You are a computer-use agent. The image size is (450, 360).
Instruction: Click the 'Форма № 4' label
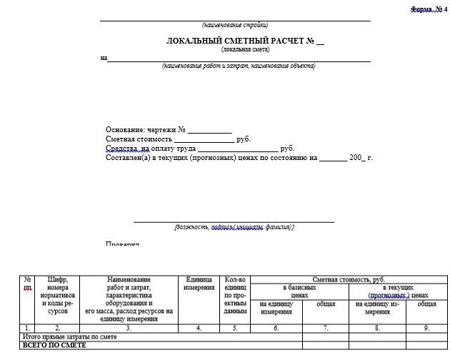pyautogui.click(x=429, y=9)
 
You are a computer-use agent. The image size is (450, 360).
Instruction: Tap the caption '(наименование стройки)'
pyautogui.click(x=235, y=25)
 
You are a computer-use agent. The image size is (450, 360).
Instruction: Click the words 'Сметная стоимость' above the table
pyautogui.click(x=139, y=139)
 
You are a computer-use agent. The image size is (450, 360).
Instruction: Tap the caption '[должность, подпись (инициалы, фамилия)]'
pyautogui.click(x=234, y=227)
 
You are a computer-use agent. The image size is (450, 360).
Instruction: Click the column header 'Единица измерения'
pyautogui.click(x=199, y=283)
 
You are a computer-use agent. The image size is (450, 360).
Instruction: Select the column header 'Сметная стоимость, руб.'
pyautogui.click(x=344, y=279)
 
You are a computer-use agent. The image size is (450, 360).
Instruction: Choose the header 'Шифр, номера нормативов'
pyautogui.click(x=57, y=295)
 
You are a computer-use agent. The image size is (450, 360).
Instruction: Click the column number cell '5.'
pyautogui.click(x=235, y=328)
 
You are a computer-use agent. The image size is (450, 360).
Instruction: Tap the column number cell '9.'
pyautogui.click(x=426, y=328)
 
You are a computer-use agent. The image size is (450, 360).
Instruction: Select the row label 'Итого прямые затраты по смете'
pyautogui.click(x=71, y=336)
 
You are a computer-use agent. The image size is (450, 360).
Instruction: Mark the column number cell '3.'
pyautogui.click(x=129, y=328)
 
